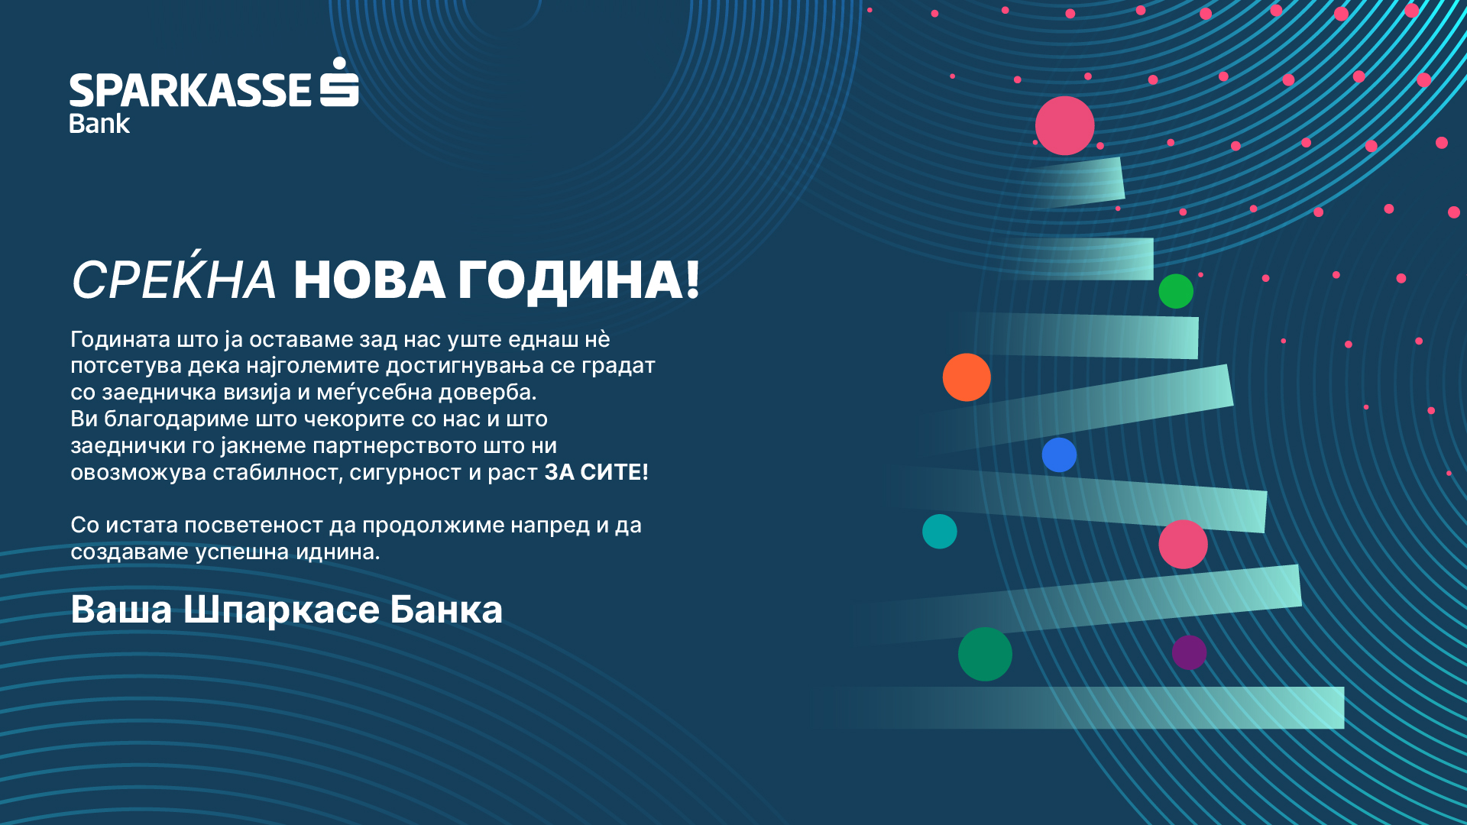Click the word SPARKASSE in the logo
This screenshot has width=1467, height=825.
[x=190, y=90]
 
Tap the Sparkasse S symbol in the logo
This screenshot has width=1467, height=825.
[x=339, y=82]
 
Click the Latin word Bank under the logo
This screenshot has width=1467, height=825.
[x=99, y=124]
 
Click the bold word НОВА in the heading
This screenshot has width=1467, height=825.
[x=370, y=280]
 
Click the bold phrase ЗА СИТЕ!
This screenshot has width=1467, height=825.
[x=596, y=473]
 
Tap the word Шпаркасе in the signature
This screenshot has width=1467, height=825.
[x=281, y=610]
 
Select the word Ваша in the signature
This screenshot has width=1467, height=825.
[x=121, y=610]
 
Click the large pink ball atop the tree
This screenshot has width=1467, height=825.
[x=1065, y=126]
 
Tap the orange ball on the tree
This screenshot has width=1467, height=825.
[x=967, y=377]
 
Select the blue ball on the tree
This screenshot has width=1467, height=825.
[x=1059, y=455]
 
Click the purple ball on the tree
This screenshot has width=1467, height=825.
[x=1189, y=652]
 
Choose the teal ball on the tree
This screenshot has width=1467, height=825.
[x=940, y=532]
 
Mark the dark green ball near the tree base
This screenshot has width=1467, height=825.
[x=985, y=654]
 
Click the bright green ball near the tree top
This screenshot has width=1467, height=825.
[x=1176, y=291]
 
